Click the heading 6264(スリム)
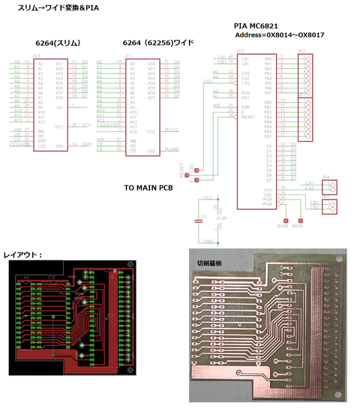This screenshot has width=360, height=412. (58, 43)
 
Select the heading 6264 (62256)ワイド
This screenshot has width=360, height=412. (156, 43)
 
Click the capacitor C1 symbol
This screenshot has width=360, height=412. (202, 219)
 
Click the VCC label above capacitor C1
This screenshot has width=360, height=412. (207, 197)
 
